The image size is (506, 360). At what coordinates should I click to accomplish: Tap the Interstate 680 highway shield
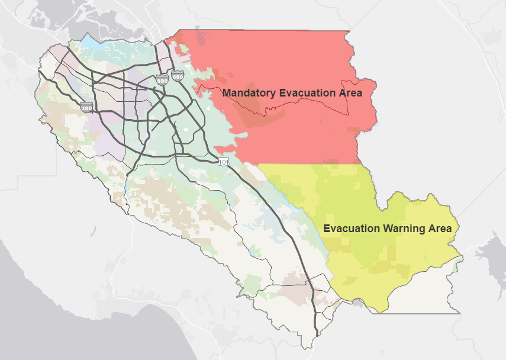177,76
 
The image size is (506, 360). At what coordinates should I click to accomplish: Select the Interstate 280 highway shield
86,108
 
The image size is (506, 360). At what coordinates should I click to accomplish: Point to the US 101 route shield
223,161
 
